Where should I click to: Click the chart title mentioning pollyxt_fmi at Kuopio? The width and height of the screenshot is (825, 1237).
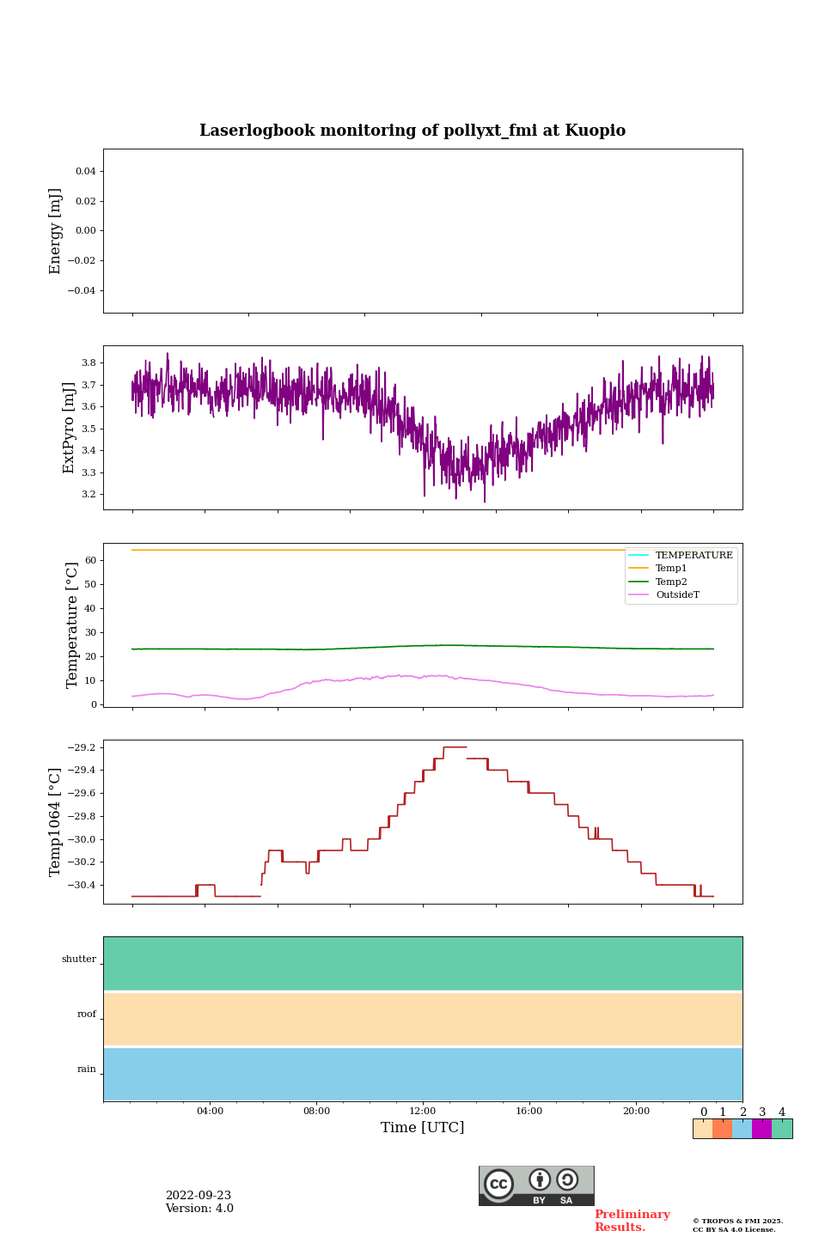pyautogui.click(x=412, y=131)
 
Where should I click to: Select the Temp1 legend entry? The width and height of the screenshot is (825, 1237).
pyautogui.click(x=671, y=569)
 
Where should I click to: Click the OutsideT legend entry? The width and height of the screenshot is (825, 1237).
pyautogui.click(x=677, y=595)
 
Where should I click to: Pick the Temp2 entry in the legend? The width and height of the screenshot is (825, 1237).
pyautogui.click(x=671, y=582)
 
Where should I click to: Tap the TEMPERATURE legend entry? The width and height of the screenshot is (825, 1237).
pyautogui.click(x=694, y=556)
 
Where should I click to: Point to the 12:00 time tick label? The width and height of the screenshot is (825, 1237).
pyautogui.click(x=423, y=1112)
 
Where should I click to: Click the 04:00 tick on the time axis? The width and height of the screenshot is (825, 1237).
pyautogui.click(x=210, y=1112)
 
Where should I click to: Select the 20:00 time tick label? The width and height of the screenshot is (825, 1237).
pyautogui.click(x=636, y=1112)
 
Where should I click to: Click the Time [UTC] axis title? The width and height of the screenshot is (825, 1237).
pyautogui.click(x=423, y=1128)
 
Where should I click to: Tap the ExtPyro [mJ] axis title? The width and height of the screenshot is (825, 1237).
pyautogui.click(x=70, y=428)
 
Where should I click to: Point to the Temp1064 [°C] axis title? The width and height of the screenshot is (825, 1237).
pyautogui.click(x=56, y=822)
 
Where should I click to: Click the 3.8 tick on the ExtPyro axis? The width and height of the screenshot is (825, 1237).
pyautogui.click(x=88, y=363)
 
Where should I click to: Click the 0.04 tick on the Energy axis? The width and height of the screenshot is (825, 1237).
pyautogui.click(x=85, y=172)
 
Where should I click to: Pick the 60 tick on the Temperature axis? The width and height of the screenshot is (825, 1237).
pyautogui.click(x=89, y=561)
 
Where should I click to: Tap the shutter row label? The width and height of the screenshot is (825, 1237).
pyautogui.click(x=79, y=960)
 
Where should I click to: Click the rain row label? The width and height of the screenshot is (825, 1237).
pyautogui.click(x=87, y=1069)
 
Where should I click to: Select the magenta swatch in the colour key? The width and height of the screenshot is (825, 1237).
pyautogui.click(x=761, y=1129)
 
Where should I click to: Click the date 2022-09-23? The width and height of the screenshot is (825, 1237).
pyautogui.click(x=199, y=1196)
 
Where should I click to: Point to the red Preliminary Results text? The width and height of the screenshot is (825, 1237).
pyautogui.click(x=632, y=1221)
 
